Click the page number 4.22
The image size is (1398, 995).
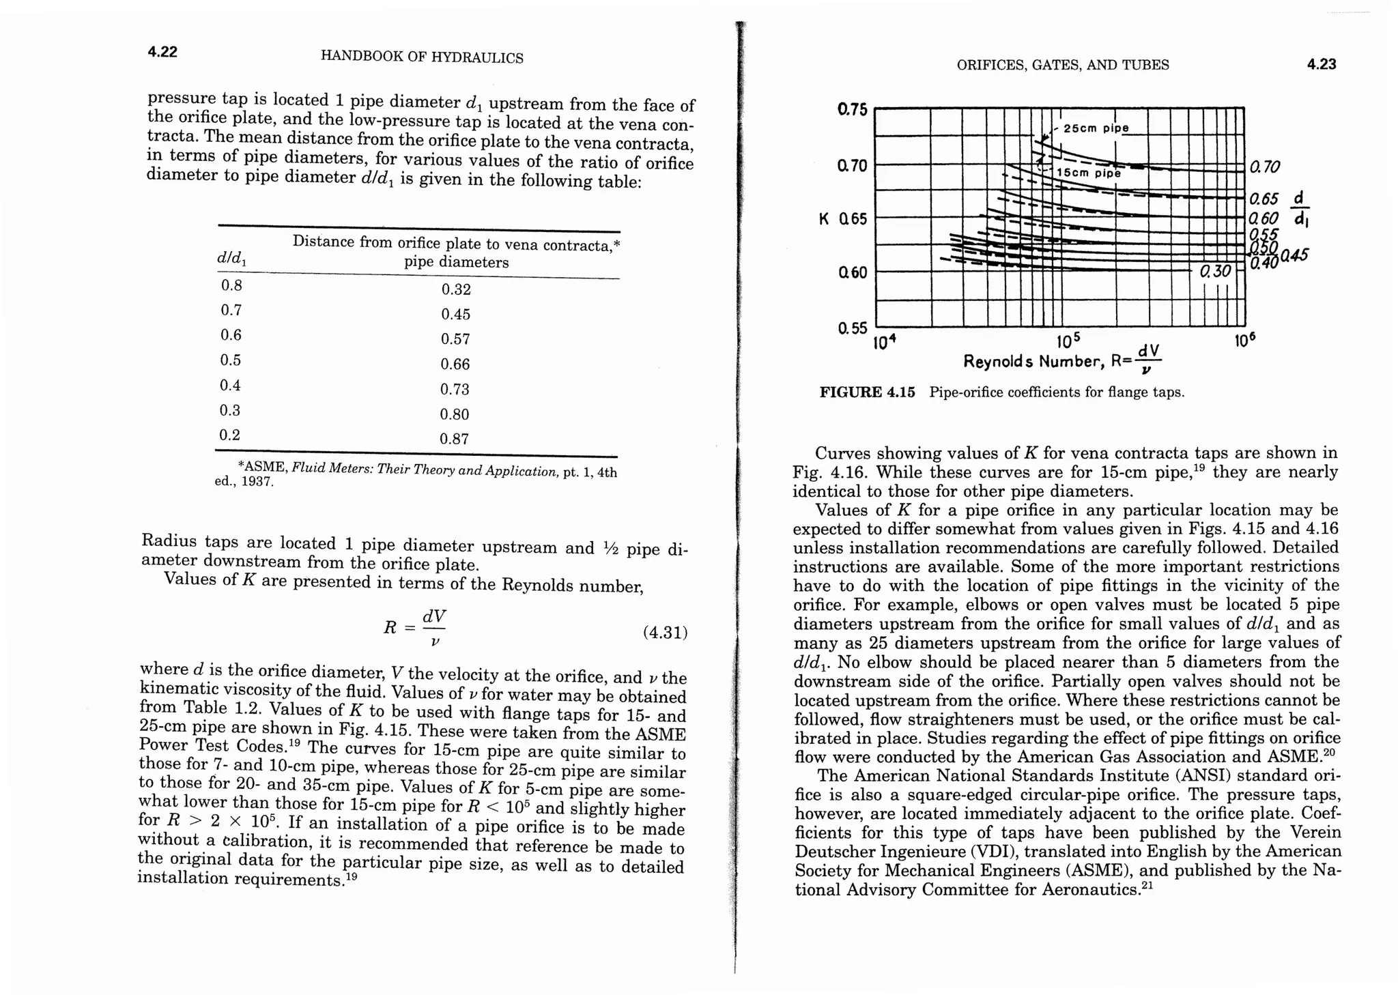click(162, 52)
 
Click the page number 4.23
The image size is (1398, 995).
click(1321, 64)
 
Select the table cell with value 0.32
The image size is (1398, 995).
click(456, 289)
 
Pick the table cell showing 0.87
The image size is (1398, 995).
click(455, 439)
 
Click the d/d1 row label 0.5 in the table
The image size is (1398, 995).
click(231, 360)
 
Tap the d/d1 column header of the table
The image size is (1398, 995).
click(232, 259)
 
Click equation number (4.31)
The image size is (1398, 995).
click(665, 632)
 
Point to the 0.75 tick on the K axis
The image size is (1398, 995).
click(852, 110)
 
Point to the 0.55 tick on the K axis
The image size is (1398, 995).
click(852, 328)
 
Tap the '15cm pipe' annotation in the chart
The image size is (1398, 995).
click(1088, 173)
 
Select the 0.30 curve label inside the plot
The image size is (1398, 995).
click(1216, 271)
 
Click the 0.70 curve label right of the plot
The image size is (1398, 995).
click(1265, 167)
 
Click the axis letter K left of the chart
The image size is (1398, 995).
click(825, 219)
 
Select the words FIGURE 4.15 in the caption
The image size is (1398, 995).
click(867, 392)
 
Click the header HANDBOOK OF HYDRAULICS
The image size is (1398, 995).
click(422, 57)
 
